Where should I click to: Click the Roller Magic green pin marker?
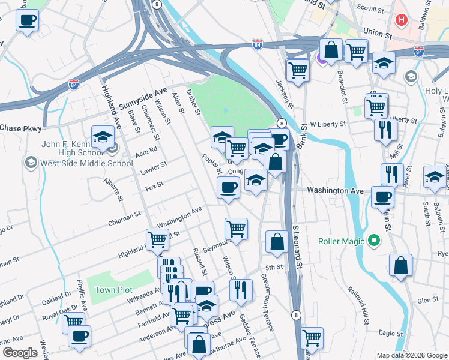click(375, 242)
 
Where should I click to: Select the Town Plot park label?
click(113, 290)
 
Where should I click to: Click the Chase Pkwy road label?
click(22, 128)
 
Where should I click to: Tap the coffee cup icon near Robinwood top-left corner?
click(27, 20)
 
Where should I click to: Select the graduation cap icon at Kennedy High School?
click(103, 137)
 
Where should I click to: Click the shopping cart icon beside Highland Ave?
click(157, 239)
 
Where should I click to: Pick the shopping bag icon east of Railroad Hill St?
click(400, 265)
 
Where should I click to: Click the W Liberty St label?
click(328, 124)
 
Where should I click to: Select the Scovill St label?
click(370, 10)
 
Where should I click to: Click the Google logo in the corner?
click(19, 353)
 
